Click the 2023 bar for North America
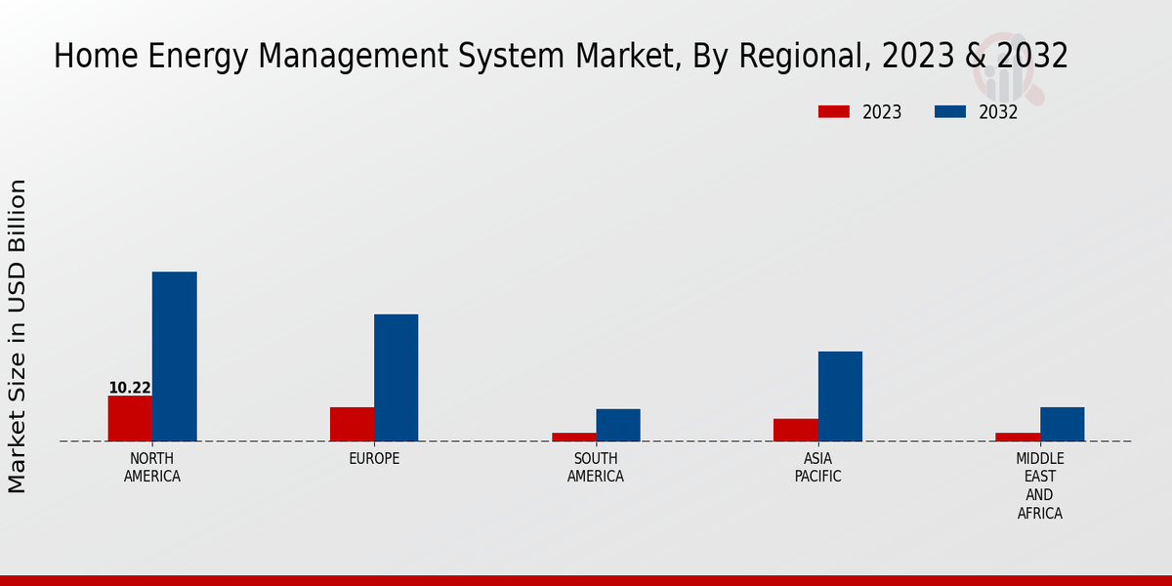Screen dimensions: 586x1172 coord(130,418)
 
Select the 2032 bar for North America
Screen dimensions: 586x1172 coord(174,356)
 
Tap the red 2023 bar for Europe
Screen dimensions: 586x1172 coord(352,424)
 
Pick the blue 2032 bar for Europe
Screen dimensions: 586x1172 coord(396,377)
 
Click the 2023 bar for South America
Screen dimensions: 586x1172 coord(573,437)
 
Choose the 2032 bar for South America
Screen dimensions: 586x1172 coord(618,425)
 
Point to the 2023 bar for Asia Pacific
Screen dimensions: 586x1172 coord(795,430)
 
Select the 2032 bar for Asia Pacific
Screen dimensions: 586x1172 coord(840,396)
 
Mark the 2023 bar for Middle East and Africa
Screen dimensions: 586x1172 coord(1018,437)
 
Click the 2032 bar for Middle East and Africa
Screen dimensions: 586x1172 coord(1062,424)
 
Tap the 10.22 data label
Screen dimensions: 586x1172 coord(130,388)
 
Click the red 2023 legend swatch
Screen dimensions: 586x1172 coord(833,112)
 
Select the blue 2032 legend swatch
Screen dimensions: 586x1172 coord(949,112)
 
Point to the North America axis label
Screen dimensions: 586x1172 coord(152,468)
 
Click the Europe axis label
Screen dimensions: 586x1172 coord(374,459)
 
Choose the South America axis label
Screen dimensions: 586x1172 coord(596,468)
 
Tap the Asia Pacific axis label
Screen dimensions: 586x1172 coord(817,468)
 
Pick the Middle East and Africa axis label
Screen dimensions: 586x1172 coord(1040,485)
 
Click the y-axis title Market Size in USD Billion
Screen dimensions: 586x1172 coord(18,336)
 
